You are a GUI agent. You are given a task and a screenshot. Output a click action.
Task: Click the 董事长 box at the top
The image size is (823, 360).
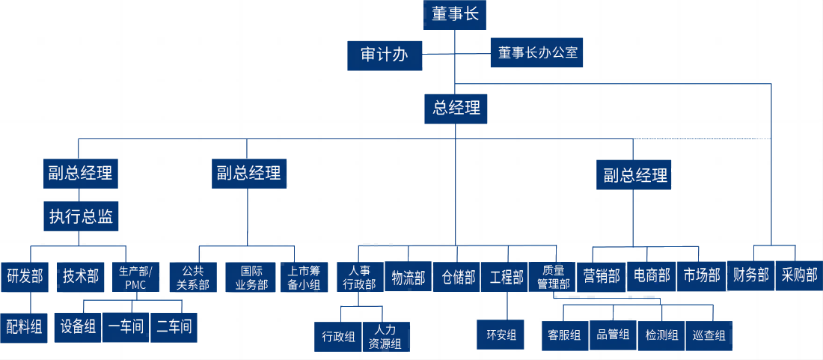[456, 14]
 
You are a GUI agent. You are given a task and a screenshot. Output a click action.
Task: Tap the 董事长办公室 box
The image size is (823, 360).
[537, 53]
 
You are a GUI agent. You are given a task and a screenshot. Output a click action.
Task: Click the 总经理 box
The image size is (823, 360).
[456, 108]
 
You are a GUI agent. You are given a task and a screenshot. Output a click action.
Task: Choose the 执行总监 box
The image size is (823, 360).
[81, 217]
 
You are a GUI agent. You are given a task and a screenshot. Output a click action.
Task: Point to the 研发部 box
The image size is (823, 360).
[25, 277]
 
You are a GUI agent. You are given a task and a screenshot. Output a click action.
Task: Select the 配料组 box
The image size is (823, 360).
[25, 327]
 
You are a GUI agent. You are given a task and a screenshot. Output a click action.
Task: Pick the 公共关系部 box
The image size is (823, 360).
[193, 277]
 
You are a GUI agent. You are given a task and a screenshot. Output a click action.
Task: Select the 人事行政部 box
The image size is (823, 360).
[359, 277]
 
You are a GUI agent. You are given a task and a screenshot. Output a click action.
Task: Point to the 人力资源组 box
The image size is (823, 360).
[385, 336]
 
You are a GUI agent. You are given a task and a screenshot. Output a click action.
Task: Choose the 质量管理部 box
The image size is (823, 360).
[554, 277]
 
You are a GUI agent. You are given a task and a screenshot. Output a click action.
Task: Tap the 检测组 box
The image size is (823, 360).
[661, 335]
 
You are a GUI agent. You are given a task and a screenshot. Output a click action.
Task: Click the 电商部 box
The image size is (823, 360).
[649, 276]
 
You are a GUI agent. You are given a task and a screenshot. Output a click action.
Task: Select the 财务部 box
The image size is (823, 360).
[750, 275]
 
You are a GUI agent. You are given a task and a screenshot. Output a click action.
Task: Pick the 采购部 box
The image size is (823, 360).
[798, 275]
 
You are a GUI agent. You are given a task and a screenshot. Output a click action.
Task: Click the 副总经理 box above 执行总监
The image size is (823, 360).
[80, 174]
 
